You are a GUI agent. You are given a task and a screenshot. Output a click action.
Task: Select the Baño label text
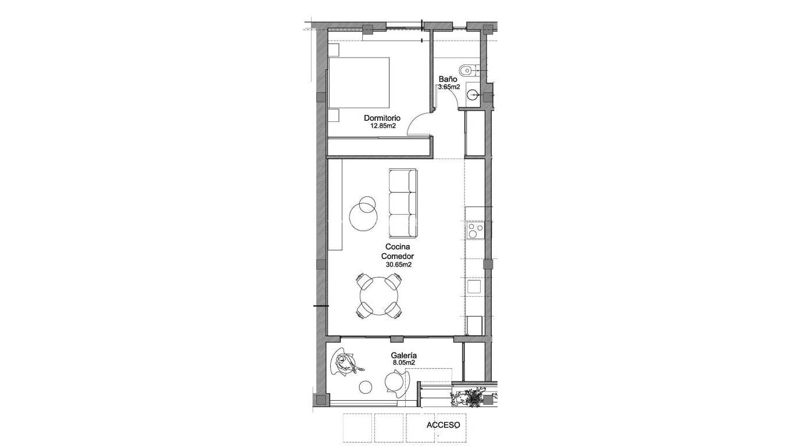(446, 79)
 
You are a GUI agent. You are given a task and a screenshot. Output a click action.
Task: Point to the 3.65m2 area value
(449, 87)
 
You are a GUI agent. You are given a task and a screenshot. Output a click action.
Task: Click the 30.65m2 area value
(398, 264)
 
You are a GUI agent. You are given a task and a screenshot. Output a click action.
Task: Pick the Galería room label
(404, 355)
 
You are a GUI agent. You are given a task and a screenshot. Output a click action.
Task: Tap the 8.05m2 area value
(404, 363)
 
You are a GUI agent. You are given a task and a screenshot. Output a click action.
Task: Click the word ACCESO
(443, 425)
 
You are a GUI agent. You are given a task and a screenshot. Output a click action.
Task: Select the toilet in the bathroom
(467, 71)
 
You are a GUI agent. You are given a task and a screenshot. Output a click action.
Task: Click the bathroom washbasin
(473, 95)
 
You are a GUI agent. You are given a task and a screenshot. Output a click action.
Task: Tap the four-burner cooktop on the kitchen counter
(475, 231)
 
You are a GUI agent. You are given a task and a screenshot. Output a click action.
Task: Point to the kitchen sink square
(474, 287)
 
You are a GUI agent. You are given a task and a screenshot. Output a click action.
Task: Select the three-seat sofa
(403, 203)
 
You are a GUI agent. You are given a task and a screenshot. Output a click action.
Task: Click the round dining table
(379, 296)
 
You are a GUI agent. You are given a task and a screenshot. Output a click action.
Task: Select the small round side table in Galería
(366, 387)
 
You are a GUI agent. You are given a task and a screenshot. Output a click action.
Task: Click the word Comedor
(398, 256)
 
